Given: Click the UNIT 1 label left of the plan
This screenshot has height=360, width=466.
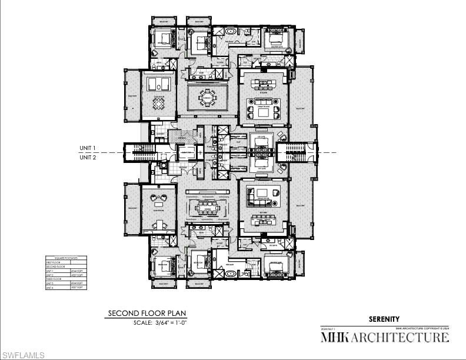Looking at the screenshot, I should [88, 148].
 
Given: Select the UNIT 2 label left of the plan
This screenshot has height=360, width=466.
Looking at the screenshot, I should [88, 158].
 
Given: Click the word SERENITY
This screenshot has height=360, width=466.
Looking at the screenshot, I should [384, 319].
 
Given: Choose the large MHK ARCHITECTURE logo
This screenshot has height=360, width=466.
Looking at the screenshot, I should [384, 338].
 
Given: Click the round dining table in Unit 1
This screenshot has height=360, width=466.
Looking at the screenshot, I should [207, 96].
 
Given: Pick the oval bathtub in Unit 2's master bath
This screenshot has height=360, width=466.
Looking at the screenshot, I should [229, 274].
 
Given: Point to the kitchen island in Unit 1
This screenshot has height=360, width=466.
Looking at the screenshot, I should [264, 82].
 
